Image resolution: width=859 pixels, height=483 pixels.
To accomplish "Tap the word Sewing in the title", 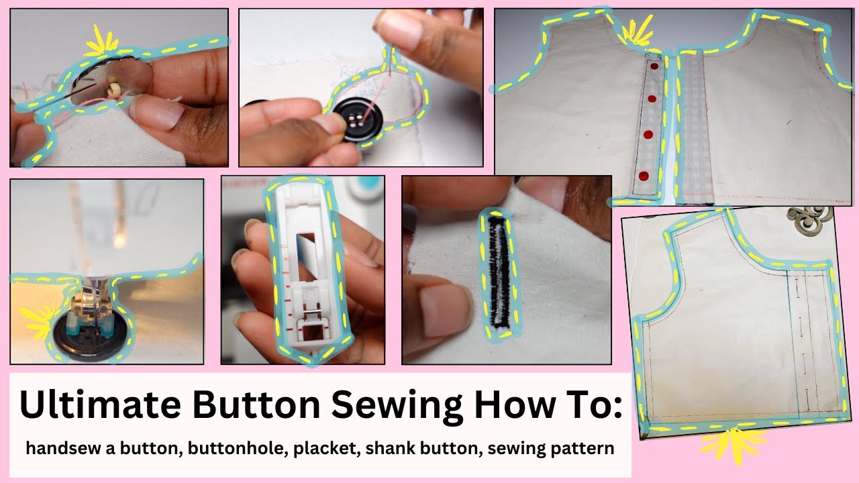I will click(395, 405).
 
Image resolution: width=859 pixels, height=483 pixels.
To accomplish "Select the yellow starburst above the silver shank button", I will click(101, 42).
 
